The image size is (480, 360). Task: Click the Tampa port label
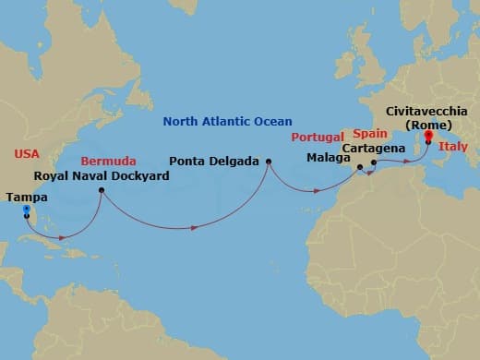point(25,196)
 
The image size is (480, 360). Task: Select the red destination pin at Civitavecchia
point(427,146)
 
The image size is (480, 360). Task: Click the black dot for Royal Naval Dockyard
point(102,191)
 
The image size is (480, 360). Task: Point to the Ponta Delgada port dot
point(269,162)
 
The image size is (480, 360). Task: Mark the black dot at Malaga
point(359,167)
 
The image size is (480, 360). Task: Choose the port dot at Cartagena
point(374,162)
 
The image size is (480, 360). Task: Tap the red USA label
point(28,152)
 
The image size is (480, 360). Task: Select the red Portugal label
point(318,138)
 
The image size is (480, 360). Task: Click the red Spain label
point(368,133)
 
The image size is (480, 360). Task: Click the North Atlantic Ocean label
point(227,121)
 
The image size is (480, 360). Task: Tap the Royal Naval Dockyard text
point(102,175)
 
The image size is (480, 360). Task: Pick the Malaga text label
point(329,157)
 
